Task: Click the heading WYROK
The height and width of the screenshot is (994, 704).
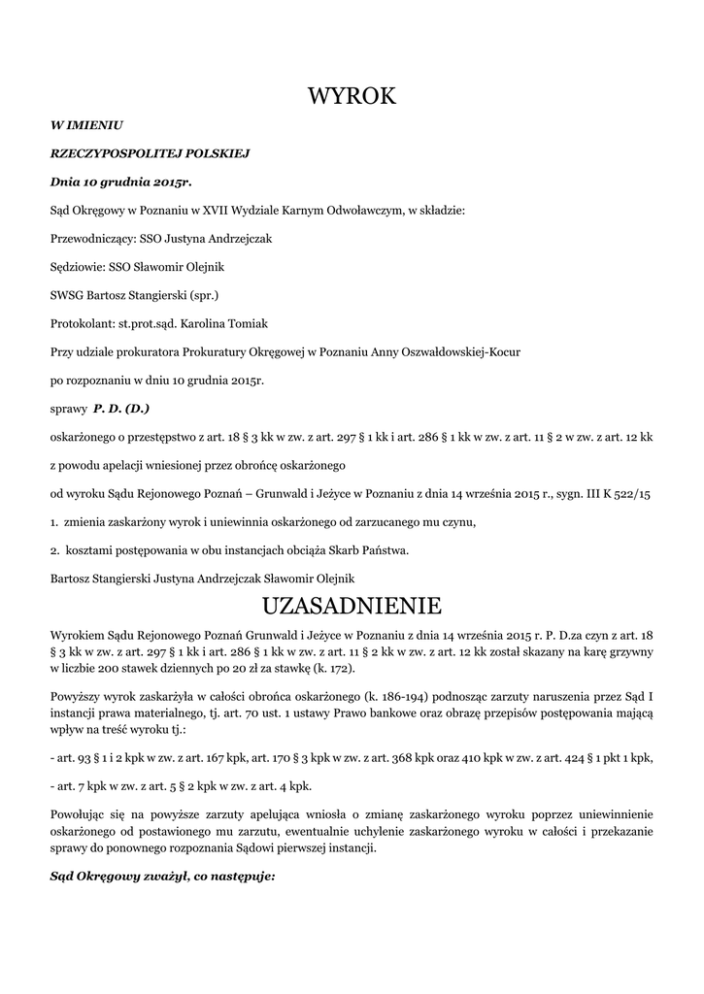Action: [x=352, y=96]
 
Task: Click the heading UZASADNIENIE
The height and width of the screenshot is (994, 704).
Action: [x=352, y=607]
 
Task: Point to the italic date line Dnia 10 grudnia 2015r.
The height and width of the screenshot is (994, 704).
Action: [x=121, y=182]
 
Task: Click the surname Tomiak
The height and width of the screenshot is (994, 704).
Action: [x=247, y=323]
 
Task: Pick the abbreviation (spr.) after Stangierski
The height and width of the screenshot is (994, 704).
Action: [x=203, y=295]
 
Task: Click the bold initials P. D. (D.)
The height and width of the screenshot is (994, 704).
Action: [x=121, y=409]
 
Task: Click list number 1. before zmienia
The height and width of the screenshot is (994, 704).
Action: [x=54, y=522]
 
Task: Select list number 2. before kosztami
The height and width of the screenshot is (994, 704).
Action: [x=54, y=550]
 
